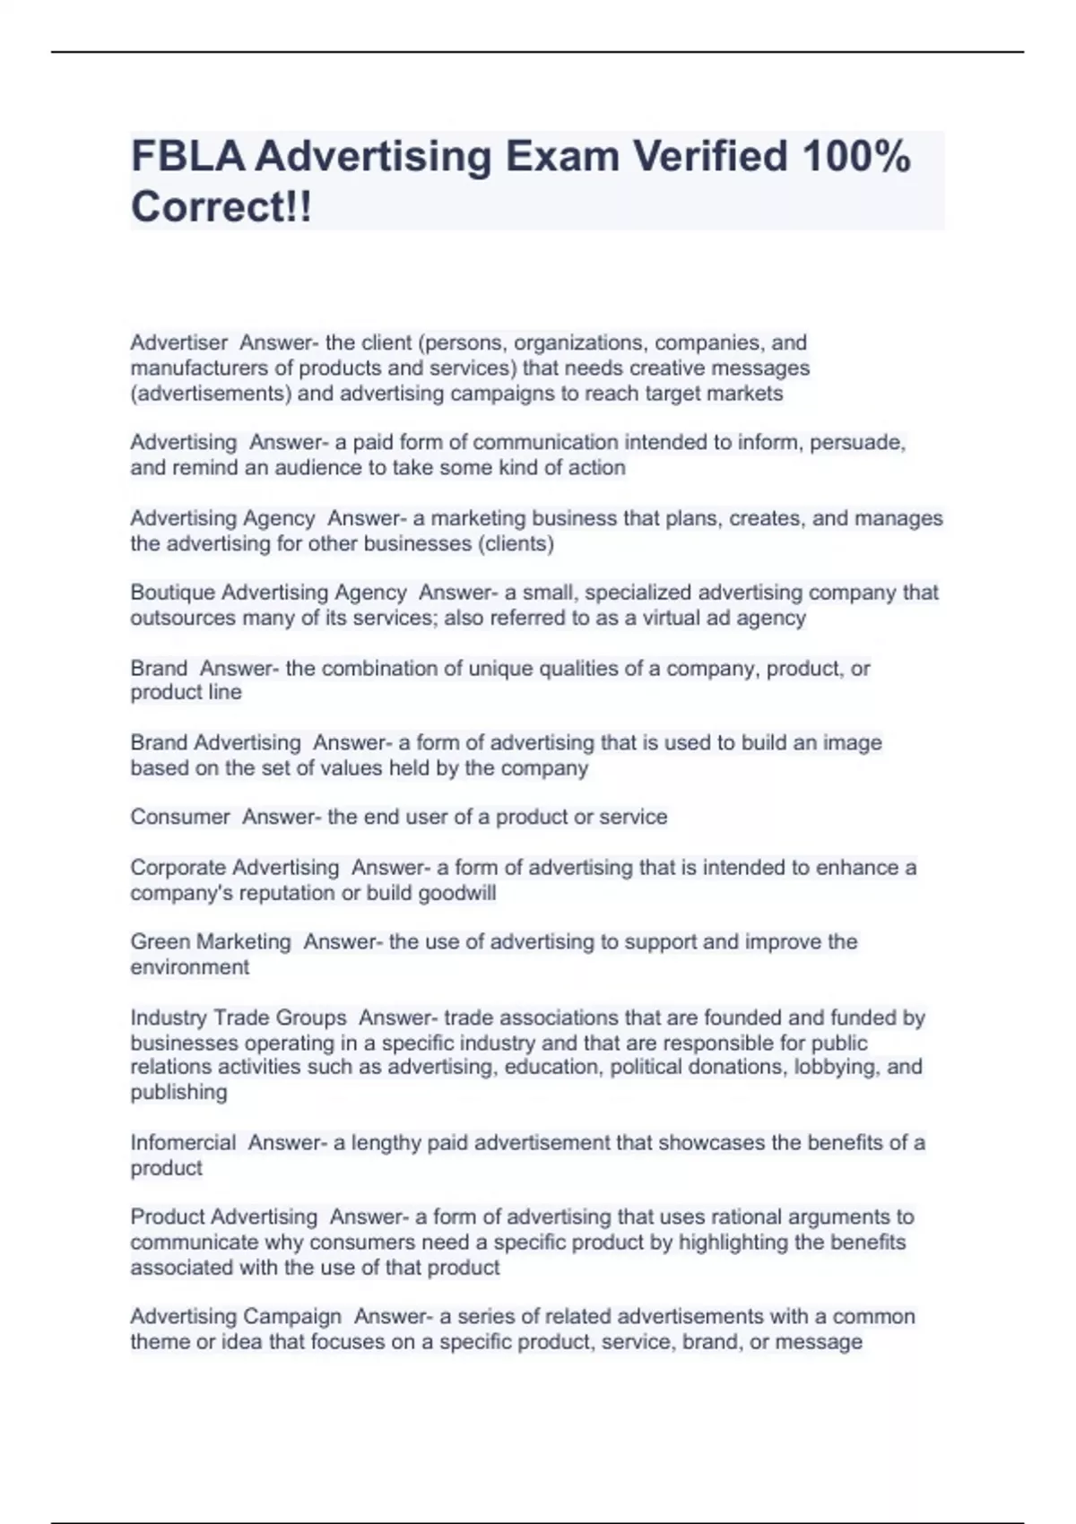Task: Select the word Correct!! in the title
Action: tap(221, 207)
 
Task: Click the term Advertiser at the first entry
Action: tap(178, 342)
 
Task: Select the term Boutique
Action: tap(172, 593)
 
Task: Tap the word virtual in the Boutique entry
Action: tap(671, 618)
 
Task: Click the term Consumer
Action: tap(180, 817)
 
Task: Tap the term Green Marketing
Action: tap(211, 941)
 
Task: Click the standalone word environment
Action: tap(189, 966)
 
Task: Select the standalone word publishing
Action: tap(178, 1092)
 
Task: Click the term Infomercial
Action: tap(183, 1142)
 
